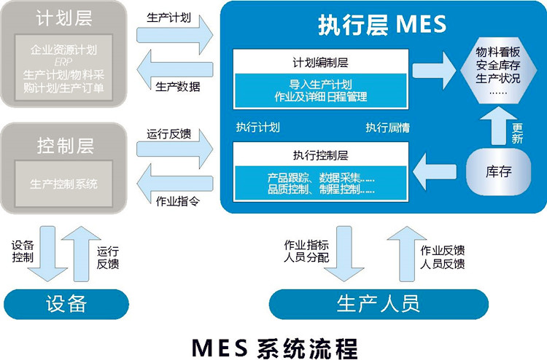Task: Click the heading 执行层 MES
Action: coord(382,25)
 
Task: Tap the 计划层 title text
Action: coord(64,18)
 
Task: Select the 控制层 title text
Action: coord(66,146)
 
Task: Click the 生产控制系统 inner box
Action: coord(64,184)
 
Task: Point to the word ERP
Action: coord(63,62)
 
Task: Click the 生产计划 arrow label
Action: coord(169,17)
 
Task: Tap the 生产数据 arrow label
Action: coord(177,87)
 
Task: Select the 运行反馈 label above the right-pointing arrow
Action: coord(169,134)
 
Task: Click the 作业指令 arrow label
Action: coord(177,201)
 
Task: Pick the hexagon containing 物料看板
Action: coord(498,71)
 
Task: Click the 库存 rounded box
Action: coord(499,171)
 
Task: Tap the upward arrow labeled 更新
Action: coord(499,125)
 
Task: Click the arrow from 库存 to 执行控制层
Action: coord(435,172)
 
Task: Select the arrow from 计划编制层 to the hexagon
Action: coord(434,71)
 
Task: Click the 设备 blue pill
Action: coord(66,304)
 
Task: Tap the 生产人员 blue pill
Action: coord(379,304)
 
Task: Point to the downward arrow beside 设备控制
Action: coord(47,254)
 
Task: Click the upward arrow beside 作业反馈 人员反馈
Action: coord(407,254)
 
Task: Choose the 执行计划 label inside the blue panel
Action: coord(257,128)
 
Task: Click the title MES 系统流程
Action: coord(274,348)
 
